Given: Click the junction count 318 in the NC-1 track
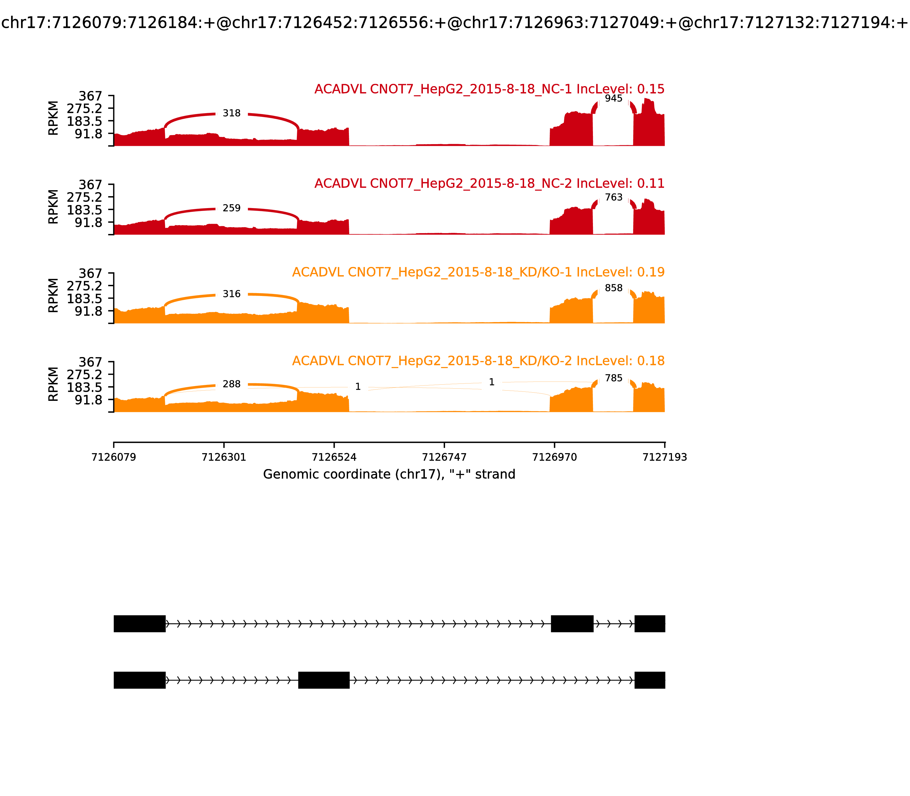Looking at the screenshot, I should point(231,113).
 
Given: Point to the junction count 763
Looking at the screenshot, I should point(614,197).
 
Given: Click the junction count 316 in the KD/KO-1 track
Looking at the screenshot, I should point(231,294).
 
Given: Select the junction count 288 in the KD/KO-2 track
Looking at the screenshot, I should point(231,384).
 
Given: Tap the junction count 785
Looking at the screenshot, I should point(614,378).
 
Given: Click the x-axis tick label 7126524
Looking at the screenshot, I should point(334,457).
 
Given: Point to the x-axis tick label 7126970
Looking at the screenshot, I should point(555,457).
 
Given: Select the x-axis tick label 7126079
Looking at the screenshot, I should point(114,457).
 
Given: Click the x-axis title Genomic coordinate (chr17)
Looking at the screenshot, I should point(389,474).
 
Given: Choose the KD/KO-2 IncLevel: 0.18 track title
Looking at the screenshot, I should point(478,361).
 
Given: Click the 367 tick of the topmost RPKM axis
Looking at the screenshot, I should point(91,96).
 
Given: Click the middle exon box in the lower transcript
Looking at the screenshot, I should point(324,680).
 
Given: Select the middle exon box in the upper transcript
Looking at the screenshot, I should point(572,624).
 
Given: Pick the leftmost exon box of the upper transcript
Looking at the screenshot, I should point(140,624).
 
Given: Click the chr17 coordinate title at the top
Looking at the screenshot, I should point(454,23).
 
